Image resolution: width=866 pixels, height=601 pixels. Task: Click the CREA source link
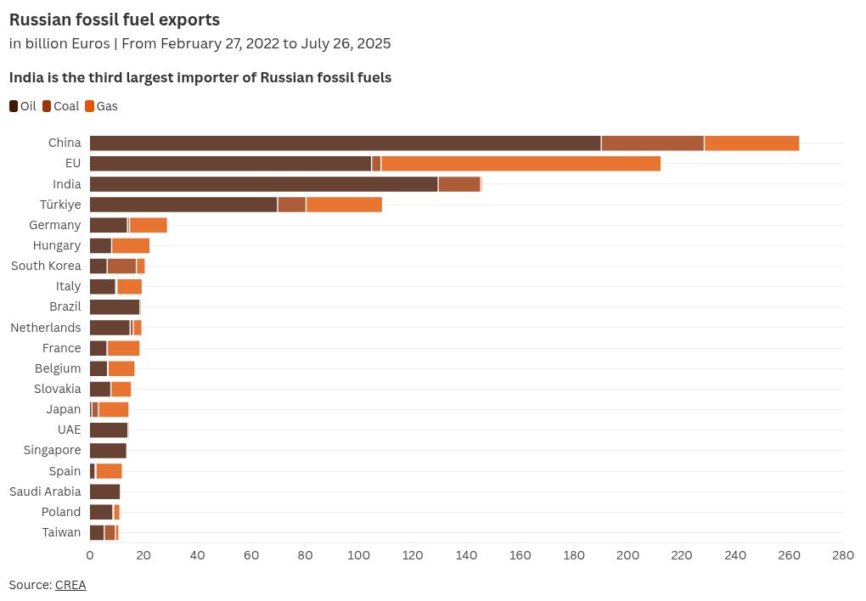(70, 585)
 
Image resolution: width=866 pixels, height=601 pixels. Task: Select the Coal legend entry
(60, 106)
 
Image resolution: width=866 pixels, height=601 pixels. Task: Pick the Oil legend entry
(23, 106)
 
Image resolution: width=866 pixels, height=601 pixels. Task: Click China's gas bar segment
(751, 143)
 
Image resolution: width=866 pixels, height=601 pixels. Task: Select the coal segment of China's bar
(652, 143)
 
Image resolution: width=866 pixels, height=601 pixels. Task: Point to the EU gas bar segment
(520, 163)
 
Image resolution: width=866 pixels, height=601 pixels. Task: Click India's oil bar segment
(263, 184)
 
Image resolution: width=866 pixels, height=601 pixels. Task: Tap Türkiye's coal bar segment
(291, 205)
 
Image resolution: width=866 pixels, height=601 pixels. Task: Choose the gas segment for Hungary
(131, 245)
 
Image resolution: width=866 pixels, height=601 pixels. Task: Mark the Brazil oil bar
(114, 306)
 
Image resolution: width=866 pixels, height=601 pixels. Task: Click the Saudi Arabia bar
(104, 491)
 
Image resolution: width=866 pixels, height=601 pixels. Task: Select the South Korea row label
(46, 266)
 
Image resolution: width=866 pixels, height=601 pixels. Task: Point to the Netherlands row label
(45, 328)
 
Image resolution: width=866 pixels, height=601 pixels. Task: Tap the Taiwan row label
(61, 532)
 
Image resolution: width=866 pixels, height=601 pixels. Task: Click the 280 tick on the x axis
(843, 555)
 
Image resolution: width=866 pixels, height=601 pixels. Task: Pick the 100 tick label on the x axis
(359, 555)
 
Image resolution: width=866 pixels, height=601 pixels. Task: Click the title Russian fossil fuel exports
(115, 20)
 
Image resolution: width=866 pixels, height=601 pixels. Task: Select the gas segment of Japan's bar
(113, 409)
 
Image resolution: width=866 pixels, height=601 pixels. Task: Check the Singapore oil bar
(108, 450)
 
